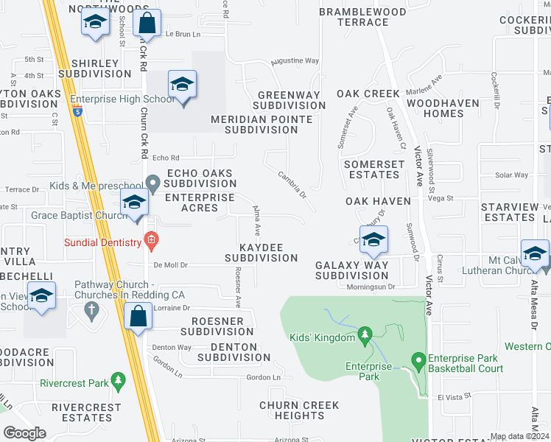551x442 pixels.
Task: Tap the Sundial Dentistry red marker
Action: (x=151, y=239)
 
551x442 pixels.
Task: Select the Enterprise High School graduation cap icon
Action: (x=182, y=85)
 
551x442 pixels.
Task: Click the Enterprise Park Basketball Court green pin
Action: (x=418, y=360)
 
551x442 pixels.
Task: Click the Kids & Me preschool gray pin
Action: (x=152, y=182)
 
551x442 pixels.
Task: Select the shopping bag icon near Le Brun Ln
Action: (x=147, y=24)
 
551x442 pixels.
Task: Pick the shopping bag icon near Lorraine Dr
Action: (x=138, y=317)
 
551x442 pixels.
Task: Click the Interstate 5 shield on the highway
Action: (x=77, y=113)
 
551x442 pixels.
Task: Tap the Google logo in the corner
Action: (x=24, y=433)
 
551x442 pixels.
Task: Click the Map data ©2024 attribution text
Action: (x=519, y=436)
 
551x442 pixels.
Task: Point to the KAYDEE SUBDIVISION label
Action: (x=261, y=251)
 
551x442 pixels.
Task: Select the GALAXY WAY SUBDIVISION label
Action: (x=351, y=270)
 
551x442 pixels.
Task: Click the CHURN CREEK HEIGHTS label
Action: (x=298, y=410)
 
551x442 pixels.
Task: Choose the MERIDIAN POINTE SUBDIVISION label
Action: (x=254, y=124)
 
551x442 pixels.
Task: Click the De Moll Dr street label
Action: (x=171, y=264)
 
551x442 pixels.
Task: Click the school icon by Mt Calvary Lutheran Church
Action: (x=534, y=253)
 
